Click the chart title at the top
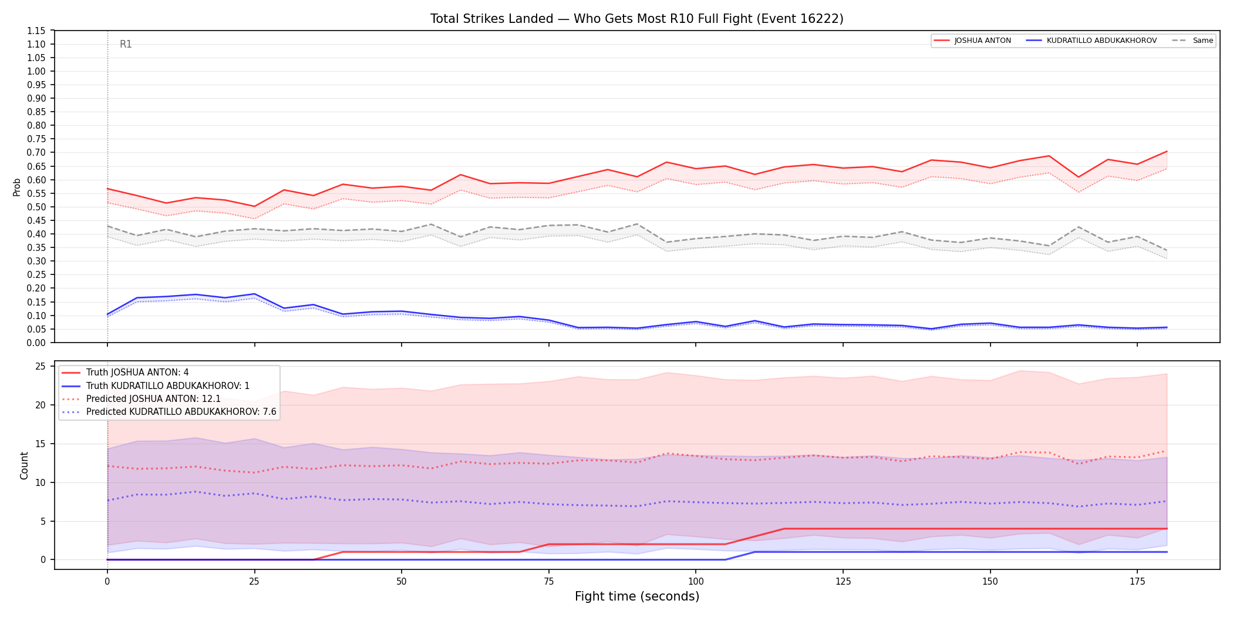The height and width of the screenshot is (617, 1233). (x=636, y=19)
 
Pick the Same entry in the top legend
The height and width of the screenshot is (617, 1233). (x=1192, y=41)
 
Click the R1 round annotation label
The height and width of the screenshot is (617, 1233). (x=126, y=44)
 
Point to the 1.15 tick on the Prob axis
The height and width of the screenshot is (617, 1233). (x=36, y=31)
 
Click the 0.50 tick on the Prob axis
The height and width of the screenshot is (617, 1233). (x=36, y=207)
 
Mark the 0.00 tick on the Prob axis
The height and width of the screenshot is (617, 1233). (x=36, y=343)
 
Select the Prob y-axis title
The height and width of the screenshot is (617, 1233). (x=16, y=187)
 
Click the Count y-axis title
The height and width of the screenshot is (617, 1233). (x=24, y=465)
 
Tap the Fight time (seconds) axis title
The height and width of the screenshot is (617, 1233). (x=637, y=596)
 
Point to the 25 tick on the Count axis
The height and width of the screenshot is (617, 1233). (x=41, y=367)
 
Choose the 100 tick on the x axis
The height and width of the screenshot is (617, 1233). (x=695, y=582)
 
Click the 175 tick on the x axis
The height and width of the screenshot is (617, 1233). (x=1137, y=582)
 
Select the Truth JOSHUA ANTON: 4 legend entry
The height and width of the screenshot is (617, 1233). (x=125, y=373)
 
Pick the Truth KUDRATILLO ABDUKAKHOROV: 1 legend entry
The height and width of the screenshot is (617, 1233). (x=156, y=385)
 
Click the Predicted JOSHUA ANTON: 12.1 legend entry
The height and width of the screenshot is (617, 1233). (x=141, y=399)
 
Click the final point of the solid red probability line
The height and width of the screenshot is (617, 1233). (x=1167, y=152)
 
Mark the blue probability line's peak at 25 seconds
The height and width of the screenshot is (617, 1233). (x=254, y=294)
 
